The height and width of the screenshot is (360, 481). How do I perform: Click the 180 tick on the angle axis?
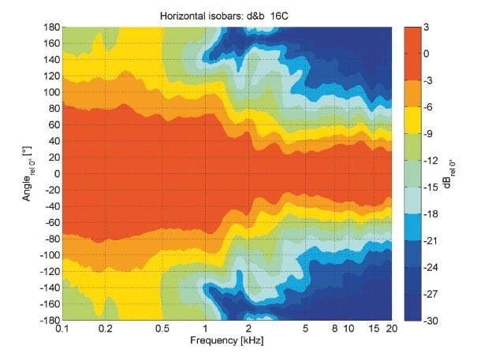(50, 28)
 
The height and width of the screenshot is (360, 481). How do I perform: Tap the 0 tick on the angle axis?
(55, 174)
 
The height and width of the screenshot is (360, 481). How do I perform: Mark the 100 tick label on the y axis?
(50, 92)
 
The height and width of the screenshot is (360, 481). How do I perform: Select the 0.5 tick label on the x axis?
(162, 328)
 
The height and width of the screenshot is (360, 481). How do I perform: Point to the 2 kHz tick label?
(249, 328)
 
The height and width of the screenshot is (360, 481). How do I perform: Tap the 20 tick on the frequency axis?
(392, 328)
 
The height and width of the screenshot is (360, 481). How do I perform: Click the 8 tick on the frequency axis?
(335, 328)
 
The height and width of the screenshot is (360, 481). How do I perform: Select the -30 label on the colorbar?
(430, 321)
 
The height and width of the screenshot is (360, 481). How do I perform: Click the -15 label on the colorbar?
(430, 187)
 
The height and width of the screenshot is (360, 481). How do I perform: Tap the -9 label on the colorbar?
(427, 133)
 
